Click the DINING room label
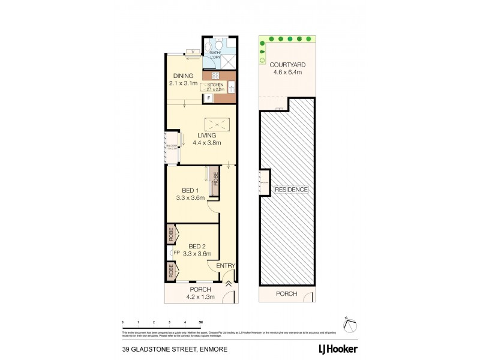pyautogui.click(x=183, y=76)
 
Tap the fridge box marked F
pyautogui.click(x=208, y=97)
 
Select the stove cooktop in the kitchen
pyautogui.click(x=215, y=76)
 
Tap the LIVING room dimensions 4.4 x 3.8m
pyautogui.click(x=207, y=143)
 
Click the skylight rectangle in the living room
pyautogui.click(x=217, y=124)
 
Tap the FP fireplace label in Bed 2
pyautogui.click(x=177, y=253)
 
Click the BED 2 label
pyautogui.click(x=199, y=246)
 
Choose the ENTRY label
pyautogui.click(x=226, y=266)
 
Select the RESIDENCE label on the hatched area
pyautogui.click(x=292, y=190)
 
